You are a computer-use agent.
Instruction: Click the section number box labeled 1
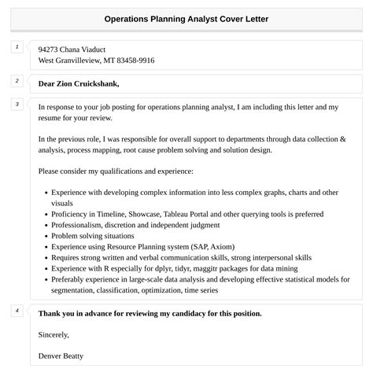pyautogui.click(x=17, y=48)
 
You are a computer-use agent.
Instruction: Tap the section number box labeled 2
pyautogui.click(x=17, y=81)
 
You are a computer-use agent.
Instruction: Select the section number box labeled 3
pyautogui.click(x=17, y=105)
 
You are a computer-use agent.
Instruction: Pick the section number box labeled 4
pyautogui.click(x=17, y=311)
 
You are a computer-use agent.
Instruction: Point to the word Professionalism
pyautogui.click(x=80, y=224)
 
